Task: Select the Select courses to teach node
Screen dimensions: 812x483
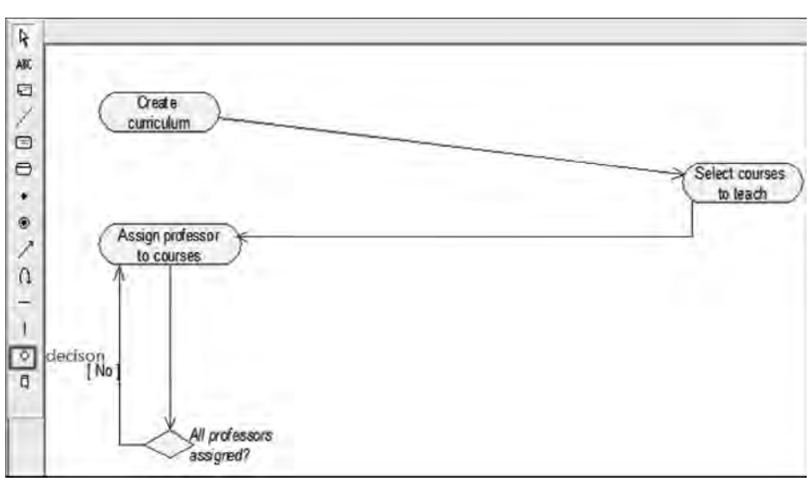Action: (744, 183)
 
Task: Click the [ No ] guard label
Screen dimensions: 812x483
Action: (103, 371)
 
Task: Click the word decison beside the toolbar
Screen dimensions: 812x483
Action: (75, 356)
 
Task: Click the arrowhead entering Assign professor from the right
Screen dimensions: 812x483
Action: (246, 236)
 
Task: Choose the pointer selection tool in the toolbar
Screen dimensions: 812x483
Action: (25, 36)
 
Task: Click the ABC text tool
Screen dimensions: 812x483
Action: (25, 64)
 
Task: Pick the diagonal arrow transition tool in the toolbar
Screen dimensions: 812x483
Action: (25, 249)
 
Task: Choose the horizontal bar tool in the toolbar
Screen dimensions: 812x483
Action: (25, 301)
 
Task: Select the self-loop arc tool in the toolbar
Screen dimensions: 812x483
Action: (25, 276)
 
